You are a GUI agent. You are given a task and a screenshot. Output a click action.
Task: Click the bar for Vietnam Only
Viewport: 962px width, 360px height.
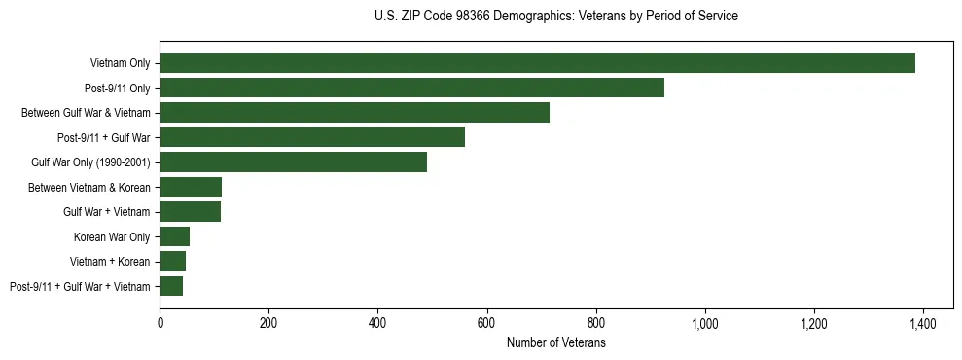537,63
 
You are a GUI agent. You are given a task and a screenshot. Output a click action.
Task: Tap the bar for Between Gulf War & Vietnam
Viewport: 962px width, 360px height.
354,113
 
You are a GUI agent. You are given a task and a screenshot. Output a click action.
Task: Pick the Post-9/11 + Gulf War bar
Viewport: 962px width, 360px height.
312,137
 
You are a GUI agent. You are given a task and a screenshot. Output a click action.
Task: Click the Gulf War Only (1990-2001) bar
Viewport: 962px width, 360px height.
293,162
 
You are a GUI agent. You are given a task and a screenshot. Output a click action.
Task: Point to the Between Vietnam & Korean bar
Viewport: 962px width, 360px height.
191,187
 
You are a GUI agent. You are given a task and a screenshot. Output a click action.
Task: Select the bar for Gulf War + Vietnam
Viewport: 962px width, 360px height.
190,212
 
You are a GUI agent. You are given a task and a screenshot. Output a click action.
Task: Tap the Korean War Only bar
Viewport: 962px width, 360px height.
174,236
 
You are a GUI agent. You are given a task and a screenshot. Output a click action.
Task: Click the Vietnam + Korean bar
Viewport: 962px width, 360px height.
172,262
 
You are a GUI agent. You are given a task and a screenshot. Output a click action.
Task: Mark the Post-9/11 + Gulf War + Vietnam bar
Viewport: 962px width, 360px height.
171,286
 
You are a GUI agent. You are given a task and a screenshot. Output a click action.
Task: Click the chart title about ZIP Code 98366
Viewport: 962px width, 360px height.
555,17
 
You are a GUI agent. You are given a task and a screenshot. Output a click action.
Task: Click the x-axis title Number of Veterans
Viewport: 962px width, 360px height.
555,343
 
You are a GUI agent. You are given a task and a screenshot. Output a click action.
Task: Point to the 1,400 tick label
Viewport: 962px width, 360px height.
922,323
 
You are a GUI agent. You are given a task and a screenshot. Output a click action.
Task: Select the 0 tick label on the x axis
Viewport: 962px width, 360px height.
160,323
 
